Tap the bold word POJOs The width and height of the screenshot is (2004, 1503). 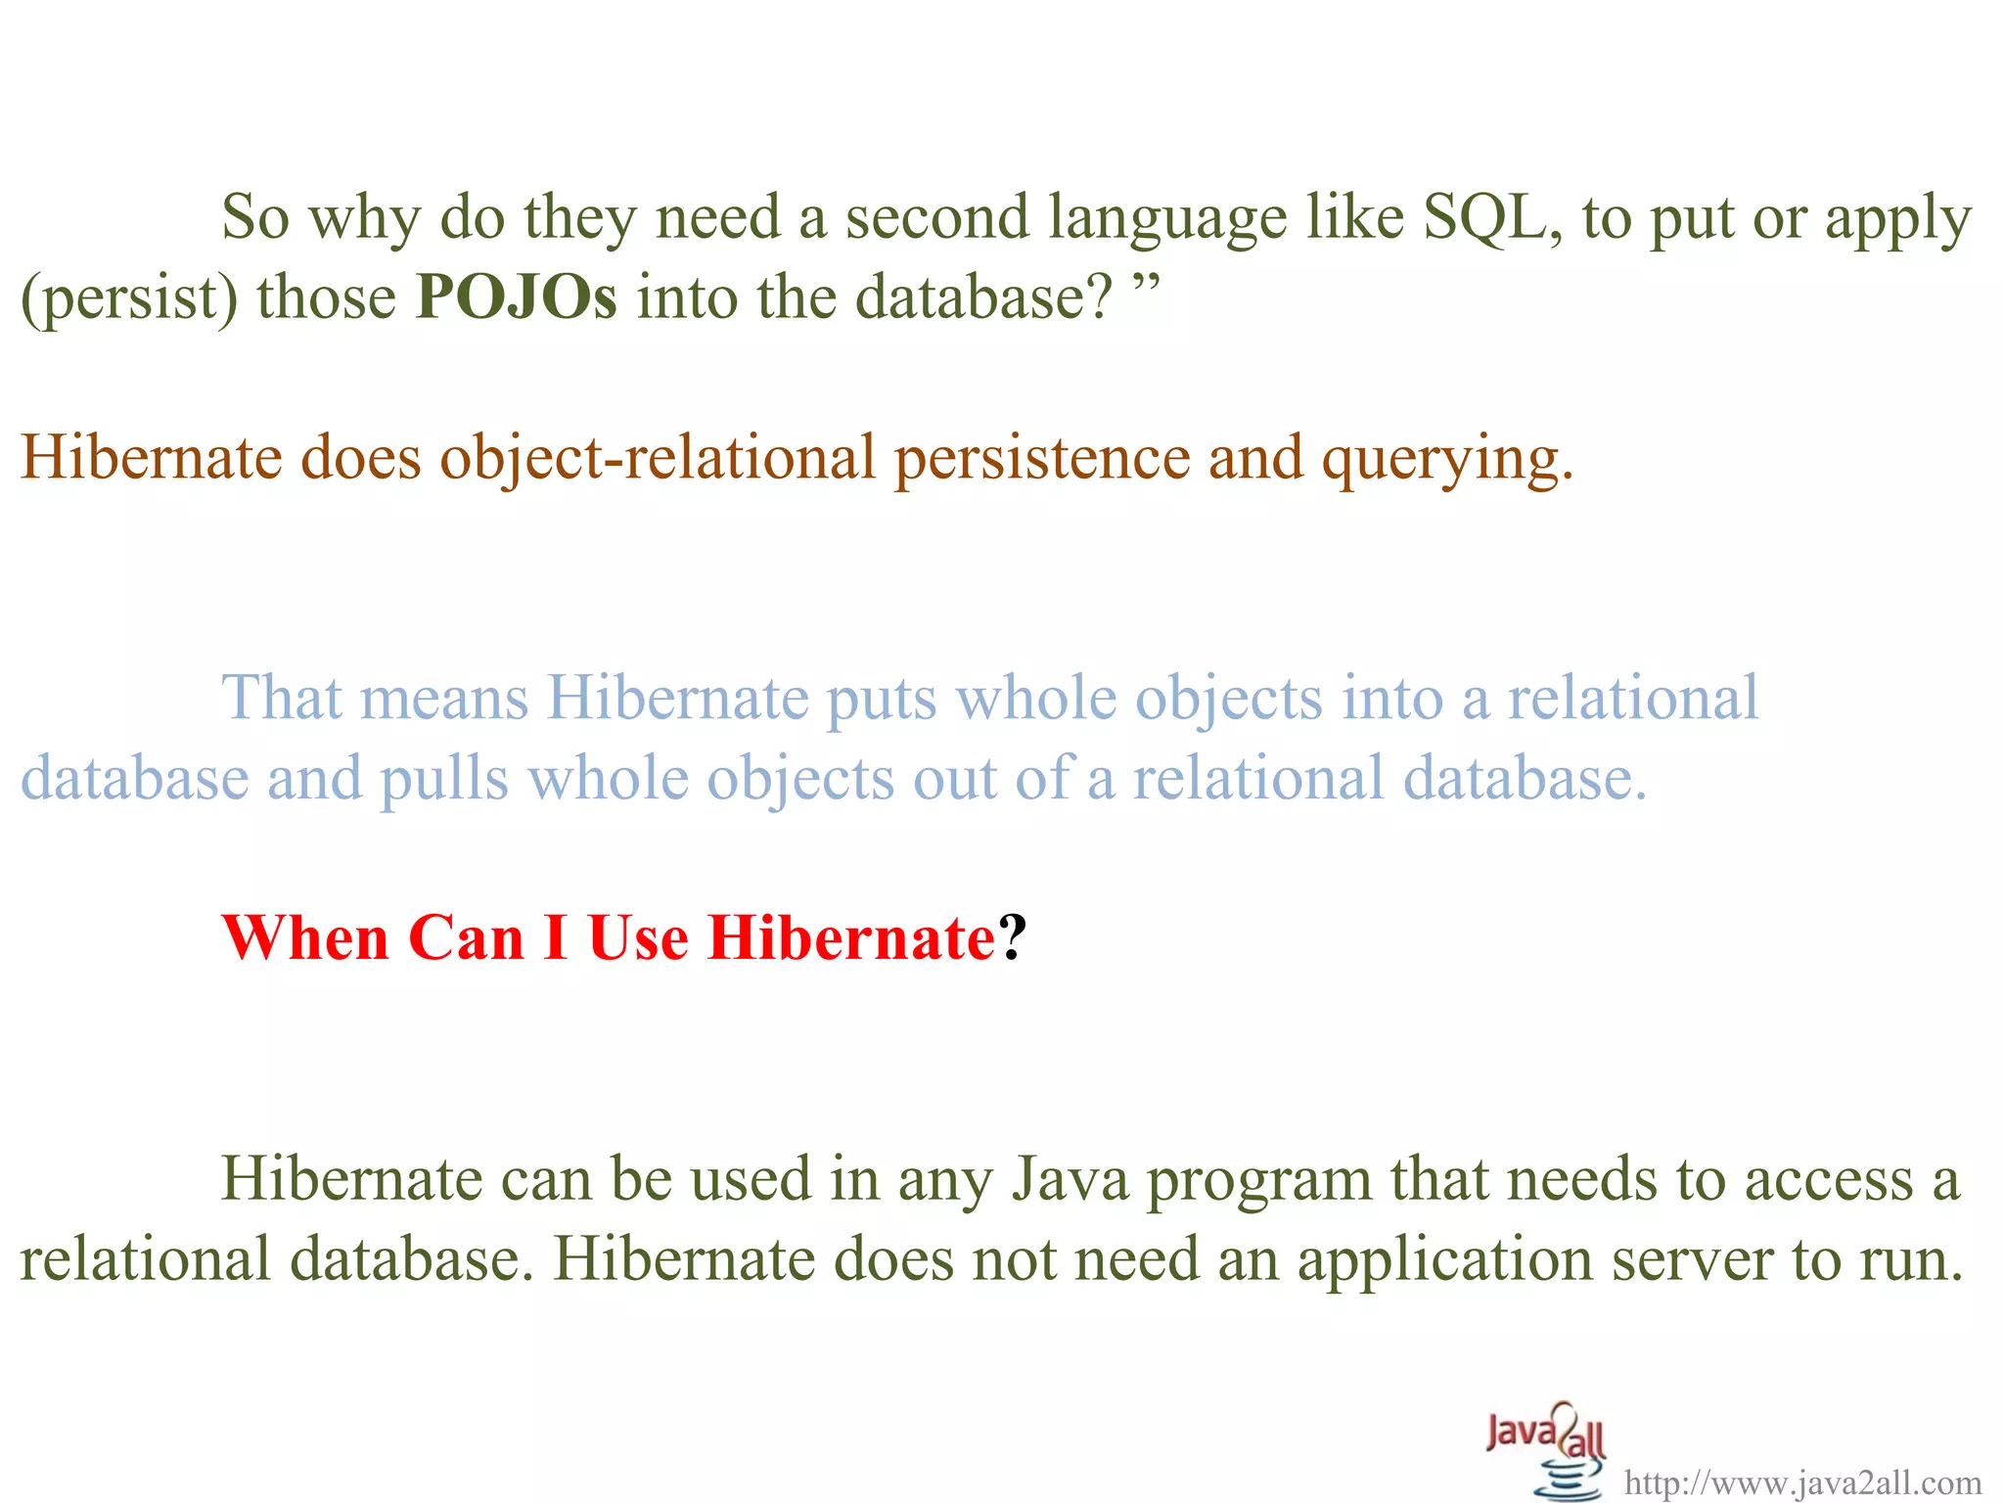point(517,297)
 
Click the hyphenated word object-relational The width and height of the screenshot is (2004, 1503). point(658,458)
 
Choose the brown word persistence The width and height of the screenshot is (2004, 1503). point(1042,458)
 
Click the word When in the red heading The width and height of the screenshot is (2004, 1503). point(305,938)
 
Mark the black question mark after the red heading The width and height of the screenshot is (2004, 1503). point(1013,938)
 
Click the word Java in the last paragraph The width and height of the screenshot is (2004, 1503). point(1070,1179)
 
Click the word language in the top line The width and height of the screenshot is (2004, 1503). point(1167,219)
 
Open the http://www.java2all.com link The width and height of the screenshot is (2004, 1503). point(1802,1483)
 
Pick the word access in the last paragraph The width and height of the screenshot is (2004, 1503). point(1829,1180)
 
